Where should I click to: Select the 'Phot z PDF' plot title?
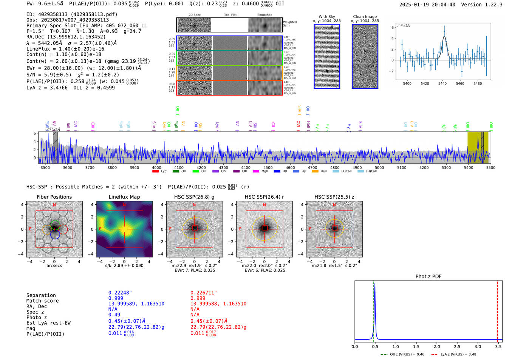(x=428, y=277)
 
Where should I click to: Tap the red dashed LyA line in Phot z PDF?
(x=498, y=310)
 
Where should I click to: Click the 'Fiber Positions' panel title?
(x=54, y=197)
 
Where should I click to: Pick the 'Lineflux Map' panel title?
(x=124, y=197)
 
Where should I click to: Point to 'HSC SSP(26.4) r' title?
(x=264, y=197)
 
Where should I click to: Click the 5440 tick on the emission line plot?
(x=442, y=83)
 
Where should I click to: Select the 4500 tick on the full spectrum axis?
(x=268, y=168)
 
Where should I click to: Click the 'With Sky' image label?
(x=327, y=17)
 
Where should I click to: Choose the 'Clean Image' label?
(x=365, y=17)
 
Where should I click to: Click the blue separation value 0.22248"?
(x=120, y=293)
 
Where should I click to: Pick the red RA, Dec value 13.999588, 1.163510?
(x=218, y=304)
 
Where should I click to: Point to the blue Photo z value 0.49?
(x=114, y=315)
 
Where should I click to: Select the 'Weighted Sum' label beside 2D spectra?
(x=290, y=24)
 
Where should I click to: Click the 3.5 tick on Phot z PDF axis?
(x=498, y=346)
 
